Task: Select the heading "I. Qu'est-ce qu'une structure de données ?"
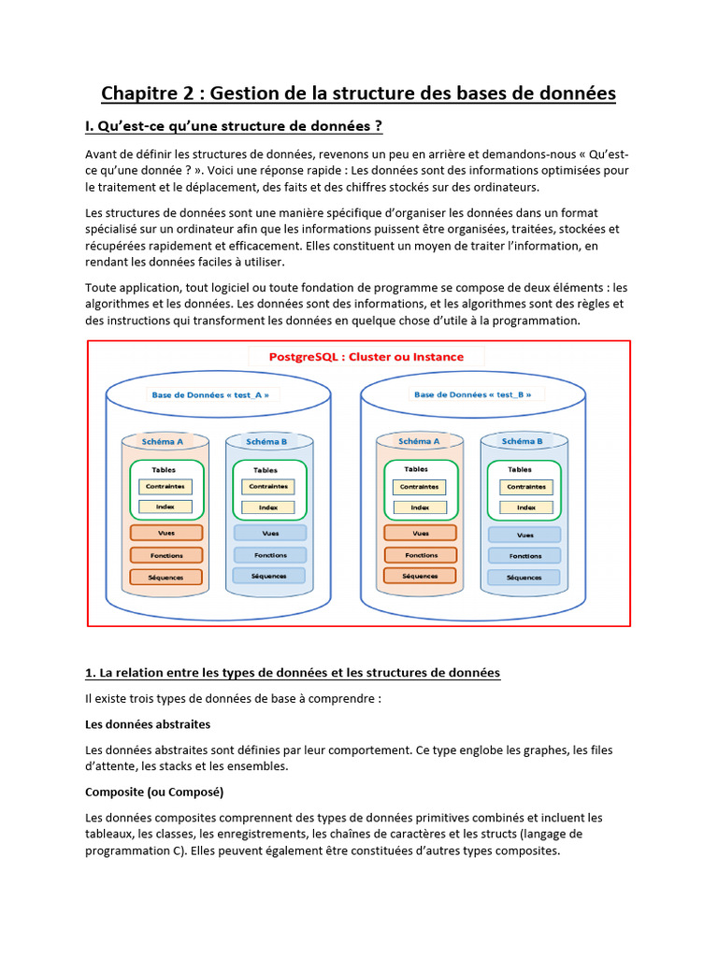(234, 126)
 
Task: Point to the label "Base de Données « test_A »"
(210, 394)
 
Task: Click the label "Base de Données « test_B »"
(472, 394)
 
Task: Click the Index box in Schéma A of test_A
(165, 507)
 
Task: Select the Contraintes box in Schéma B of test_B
(525, 487)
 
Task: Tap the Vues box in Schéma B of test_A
(270, 533)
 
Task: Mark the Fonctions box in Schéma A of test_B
(420, 554)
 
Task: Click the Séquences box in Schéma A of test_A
(165, 577)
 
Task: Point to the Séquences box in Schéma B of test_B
(524, 578)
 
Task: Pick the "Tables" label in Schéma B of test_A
(266, 470)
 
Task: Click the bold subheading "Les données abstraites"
(148, 724)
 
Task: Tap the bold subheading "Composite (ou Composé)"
(154, 792)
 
